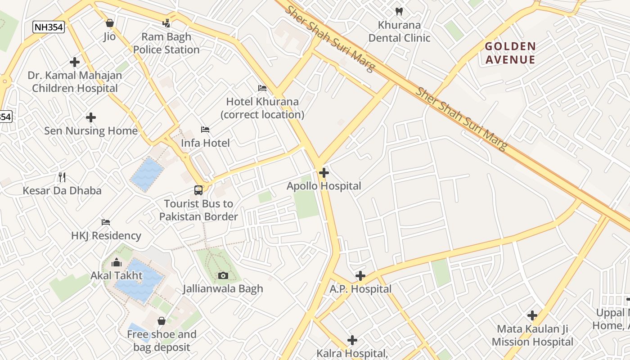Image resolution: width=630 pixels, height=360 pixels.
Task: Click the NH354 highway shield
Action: (49, 27)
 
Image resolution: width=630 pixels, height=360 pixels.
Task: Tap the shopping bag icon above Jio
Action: (110, 22)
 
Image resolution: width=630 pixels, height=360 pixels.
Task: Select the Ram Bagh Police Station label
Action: (166, 43)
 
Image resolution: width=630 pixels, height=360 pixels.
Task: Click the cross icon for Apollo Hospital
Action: (324, 172)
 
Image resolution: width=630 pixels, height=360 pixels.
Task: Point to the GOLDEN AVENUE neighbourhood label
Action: (510, 53)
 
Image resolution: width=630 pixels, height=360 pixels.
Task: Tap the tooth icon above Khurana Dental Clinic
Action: (399, 12)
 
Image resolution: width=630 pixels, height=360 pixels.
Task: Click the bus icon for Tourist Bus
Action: (198, 190)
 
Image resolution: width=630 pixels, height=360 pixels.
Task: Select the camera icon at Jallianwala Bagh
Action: (223, 275)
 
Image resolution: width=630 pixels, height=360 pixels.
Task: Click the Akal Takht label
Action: (117, 275)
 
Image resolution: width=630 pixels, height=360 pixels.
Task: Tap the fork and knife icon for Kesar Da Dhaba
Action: (62, 177)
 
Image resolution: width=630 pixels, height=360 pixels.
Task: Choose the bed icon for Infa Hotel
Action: (205, 130)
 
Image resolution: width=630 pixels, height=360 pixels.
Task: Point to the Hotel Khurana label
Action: (262, 108)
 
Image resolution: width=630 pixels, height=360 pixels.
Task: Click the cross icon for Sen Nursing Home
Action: (91, 117)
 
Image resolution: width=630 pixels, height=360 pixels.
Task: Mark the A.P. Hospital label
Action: (360, 289)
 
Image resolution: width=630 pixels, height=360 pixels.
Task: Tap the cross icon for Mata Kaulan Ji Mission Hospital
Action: (532, 315)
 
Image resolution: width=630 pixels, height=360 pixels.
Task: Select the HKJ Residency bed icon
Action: (106, 222)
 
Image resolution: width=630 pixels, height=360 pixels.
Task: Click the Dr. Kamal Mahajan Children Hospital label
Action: (75, 81)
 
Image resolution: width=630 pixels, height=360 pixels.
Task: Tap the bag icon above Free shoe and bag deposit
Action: (162, 321)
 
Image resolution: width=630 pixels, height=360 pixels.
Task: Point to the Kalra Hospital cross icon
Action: (352, 340)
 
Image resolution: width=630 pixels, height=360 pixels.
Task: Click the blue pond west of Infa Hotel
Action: (147, 174)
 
